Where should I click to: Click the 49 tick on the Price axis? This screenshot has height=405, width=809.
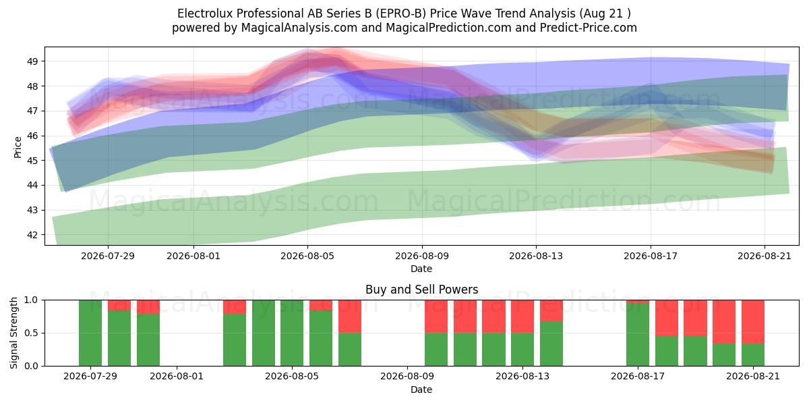32,61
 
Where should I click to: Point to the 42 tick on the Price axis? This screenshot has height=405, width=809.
32,235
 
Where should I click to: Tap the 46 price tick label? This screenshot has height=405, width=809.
32,136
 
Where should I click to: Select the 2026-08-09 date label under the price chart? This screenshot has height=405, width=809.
422,256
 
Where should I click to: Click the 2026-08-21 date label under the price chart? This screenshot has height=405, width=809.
765,256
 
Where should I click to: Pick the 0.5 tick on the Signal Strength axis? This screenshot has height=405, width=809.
31,333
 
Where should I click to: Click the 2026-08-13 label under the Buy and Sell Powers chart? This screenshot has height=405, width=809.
522,377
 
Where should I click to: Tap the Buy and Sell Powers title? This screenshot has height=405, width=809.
421,290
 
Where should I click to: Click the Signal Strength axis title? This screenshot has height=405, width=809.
13,333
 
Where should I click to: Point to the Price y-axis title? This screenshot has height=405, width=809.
18,147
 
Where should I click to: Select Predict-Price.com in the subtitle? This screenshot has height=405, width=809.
589,28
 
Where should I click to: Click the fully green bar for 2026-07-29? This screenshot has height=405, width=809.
90,333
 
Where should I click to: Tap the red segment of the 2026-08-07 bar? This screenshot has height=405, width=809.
350,317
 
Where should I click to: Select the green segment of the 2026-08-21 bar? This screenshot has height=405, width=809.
753,355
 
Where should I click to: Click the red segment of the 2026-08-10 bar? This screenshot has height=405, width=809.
436,317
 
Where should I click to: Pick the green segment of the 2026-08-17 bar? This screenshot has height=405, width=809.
638,335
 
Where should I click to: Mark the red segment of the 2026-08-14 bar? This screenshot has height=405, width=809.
551,310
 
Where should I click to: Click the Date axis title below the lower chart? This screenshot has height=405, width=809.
421,389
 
